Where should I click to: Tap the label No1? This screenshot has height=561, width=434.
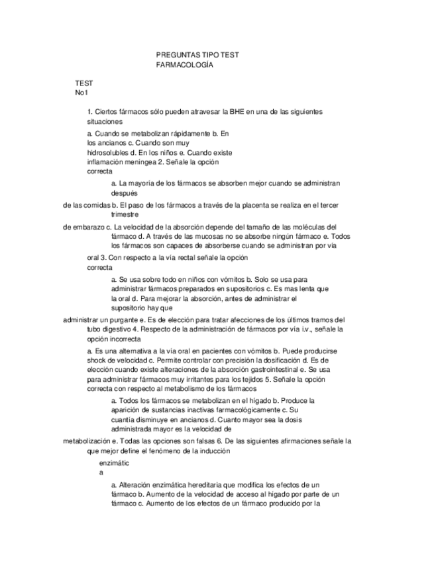click(81, 93)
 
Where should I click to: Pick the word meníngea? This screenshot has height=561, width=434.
click(144, 161)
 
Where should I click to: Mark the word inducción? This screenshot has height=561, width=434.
click(213, 451)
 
